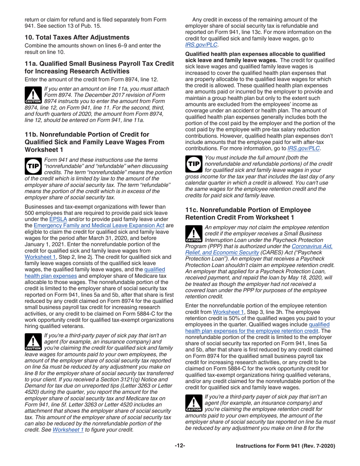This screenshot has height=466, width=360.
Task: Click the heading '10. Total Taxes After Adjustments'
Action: tap(77, 37)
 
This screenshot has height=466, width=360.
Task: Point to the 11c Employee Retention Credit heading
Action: tap(248, 213)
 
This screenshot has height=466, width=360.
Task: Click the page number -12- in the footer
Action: tap(180, 446)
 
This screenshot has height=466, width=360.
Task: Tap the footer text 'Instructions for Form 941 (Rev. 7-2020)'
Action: tap(285, 446)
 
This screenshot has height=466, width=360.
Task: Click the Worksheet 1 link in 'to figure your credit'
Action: tap(67, 430)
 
